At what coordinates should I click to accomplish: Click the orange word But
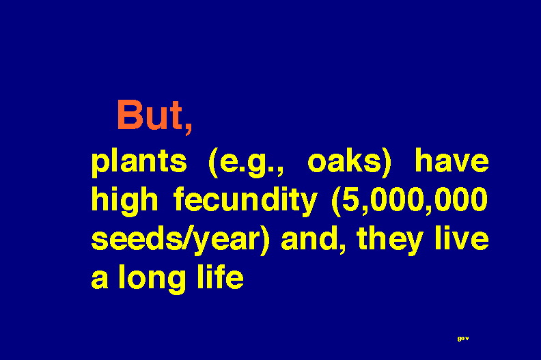point(150,115)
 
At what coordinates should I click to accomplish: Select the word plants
point(139,162)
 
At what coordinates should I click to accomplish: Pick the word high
point(124,201)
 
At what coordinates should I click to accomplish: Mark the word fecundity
point(245,200)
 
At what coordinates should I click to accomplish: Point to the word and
point(312,239)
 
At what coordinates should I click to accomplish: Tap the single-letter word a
point(100,279)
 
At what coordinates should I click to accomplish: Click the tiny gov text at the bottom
point(463,339)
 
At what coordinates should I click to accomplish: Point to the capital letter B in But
point(130,115)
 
